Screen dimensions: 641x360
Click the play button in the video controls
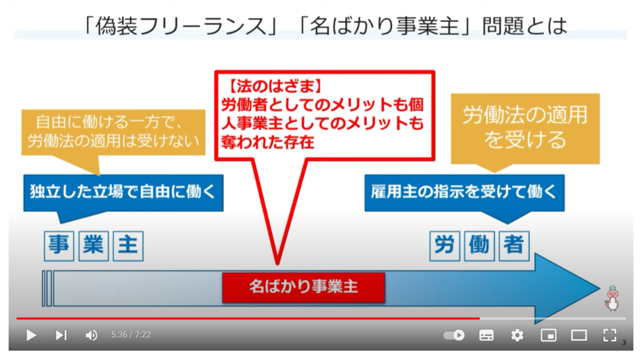coord(31,336)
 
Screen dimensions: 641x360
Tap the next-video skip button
coord(61,336)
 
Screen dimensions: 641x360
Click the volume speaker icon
coord(91,336)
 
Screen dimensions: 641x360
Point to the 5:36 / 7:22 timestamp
coord(131,334)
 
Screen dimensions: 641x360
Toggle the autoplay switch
coord(454,336)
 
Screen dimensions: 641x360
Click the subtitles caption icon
coord(486,336)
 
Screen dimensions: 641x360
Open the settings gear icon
coord(517,336)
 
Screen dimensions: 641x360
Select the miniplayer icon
coord(548,336)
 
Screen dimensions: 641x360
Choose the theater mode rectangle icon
coord(579,336)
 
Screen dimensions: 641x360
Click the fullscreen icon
coord(610,335)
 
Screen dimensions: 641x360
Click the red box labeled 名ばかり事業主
coord(303,287)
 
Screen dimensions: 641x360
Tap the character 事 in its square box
coord(59,246)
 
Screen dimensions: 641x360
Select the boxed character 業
coord(94,246)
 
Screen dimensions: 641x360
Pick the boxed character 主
coord(128,246)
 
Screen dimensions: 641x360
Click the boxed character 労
coord(445,246)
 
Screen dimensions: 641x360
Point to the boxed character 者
coord(514,246)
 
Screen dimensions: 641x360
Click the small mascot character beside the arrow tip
coord(612,299)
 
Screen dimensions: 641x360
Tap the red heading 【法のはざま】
coord(275,86)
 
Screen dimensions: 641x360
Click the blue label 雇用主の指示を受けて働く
coord(465,192)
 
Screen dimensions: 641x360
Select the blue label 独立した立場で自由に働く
coord(123,192)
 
